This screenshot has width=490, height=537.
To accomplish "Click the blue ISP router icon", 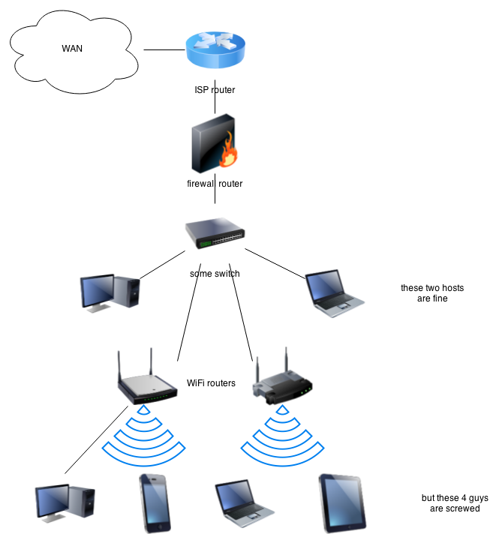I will pyautogui.click(x=215, y=50).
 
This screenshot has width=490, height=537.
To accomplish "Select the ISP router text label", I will pyautogui.click(x=215, y=91).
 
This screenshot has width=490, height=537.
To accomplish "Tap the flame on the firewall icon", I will pyautogui.click(x=229, y=155).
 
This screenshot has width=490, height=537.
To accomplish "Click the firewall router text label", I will pyautogui.click(x=215, y=184).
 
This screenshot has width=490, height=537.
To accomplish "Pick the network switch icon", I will pyautogui.click(x=215, y=233).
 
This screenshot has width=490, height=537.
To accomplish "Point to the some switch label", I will pyautogui.click(x=215, y=274).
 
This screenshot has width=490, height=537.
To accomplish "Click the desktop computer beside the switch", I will pyautogui.click(x=110, y=292).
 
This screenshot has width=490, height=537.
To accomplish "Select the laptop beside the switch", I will pyautogui.click(x=335, y=290).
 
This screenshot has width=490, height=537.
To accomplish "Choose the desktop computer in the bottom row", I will pyautogui.click(x=65, y=502).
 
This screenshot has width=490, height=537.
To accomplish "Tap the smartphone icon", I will pyautogui.click(x=153, y=503).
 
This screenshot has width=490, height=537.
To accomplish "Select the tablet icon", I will pyautogui.click(x=342, y=502).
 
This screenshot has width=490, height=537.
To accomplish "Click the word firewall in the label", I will pyautogui.click(x=201, y=184).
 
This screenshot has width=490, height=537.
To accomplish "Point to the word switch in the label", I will pyautogui.click(x=227, y=274).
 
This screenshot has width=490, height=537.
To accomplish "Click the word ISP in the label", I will pyautogui.click(x=202, y=91).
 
